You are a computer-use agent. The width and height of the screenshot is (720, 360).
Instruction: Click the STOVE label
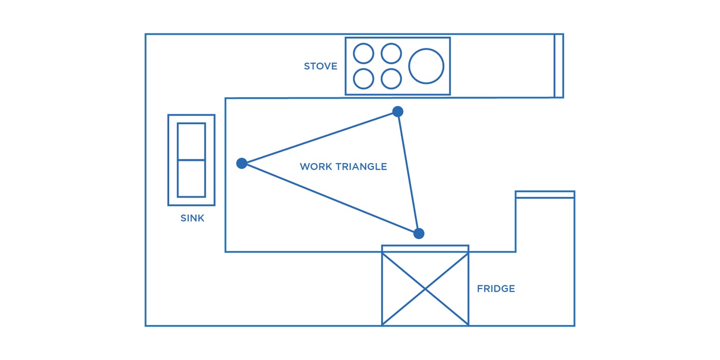(x=320, y=66)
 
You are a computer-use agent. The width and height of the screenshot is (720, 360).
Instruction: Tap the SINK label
(x=192, y=218)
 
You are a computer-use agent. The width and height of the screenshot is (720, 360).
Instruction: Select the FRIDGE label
(x=496, y=289)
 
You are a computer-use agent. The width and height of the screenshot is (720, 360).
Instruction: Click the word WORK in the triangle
(x=315, y=167)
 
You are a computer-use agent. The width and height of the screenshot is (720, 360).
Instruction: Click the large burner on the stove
(x=426, y=66)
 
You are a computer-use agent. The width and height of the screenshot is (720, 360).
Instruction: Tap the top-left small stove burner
(x=364, y=53)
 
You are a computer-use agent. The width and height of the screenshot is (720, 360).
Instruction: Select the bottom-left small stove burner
(x=364, y=79)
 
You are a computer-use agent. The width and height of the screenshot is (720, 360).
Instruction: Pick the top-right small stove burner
(x=391, y=53)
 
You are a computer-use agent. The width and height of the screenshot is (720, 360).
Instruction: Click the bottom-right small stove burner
(x=391, y=79)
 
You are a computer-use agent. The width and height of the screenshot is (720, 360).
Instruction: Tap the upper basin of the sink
(x=191, y=141)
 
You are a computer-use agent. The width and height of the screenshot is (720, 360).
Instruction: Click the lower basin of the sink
(x=191, y=178)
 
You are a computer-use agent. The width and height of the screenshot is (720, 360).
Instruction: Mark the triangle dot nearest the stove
(x=398, y=112)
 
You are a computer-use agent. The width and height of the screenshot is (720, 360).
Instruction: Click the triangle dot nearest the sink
(x=242, y=164)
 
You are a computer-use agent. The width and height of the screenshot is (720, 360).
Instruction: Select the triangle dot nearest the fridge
(x=419, y=233)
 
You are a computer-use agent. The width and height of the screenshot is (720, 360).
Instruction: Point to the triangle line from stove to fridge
(x=408, y=173)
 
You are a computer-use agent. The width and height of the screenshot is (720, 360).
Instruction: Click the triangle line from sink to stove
(x=319, y=137)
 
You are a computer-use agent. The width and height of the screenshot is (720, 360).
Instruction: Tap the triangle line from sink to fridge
(x=330, y=199)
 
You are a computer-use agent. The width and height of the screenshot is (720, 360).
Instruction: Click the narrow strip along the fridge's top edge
(x=425, y=248)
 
